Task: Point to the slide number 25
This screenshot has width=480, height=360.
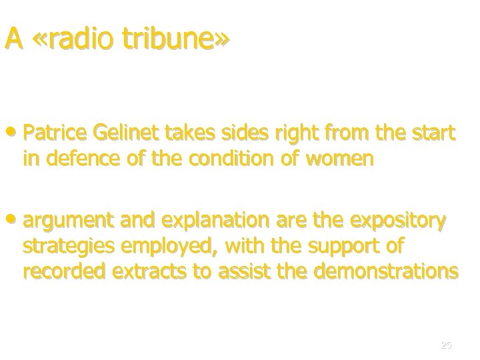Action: point(446,345)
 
